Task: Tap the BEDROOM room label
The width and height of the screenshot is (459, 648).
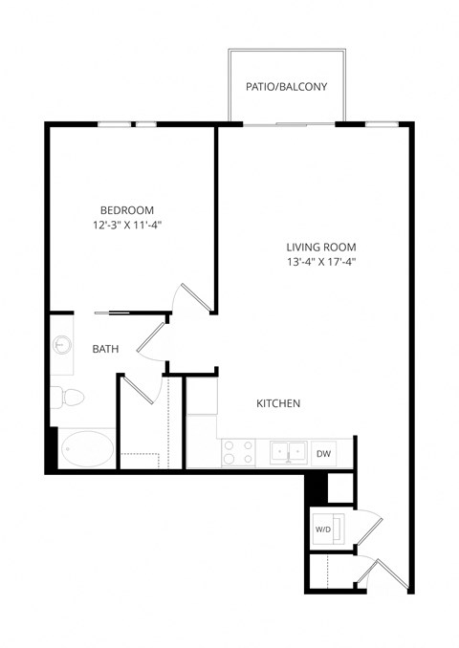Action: (127, 210)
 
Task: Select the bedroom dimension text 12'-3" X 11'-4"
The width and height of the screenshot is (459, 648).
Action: (127, 227)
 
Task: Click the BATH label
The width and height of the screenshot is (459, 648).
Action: (105, 350)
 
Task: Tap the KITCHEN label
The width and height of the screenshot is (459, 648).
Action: (278, 404)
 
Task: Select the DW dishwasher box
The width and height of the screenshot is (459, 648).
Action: (323, 453)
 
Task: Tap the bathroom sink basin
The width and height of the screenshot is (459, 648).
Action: (63, 345)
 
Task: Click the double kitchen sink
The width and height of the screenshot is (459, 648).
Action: (287, 451)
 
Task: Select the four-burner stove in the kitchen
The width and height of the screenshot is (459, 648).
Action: (237, 452)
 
